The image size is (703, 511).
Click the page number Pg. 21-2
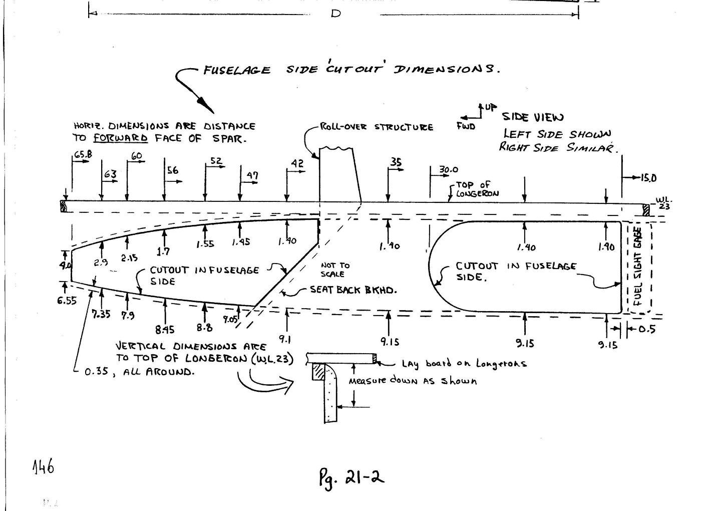[x=351, y=477]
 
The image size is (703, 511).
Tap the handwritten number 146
[x=43, y=467]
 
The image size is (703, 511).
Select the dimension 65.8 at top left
[x=83, y=155]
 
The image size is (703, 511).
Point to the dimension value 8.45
[x=165, y=330]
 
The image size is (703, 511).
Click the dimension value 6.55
[x=66, y=301]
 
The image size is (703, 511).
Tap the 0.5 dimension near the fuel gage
[x=647, y=329]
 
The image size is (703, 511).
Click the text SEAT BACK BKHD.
[x=353, y=290]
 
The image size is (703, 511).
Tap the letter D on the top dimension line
[x=335, y=14]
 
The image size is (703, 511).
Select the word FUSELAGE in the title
[x=237, y=70]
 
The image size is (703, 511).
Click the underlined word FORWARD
[x=121, y=138]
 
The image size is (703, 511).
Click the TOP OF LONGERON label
[x=477, y=189]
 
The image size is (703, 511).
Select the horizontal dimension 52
[x=216, y=161]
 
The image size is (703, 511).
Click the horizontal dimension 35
[x=396, y=162]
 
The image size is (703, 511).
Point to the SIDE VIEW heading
[x=533, y=117]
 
